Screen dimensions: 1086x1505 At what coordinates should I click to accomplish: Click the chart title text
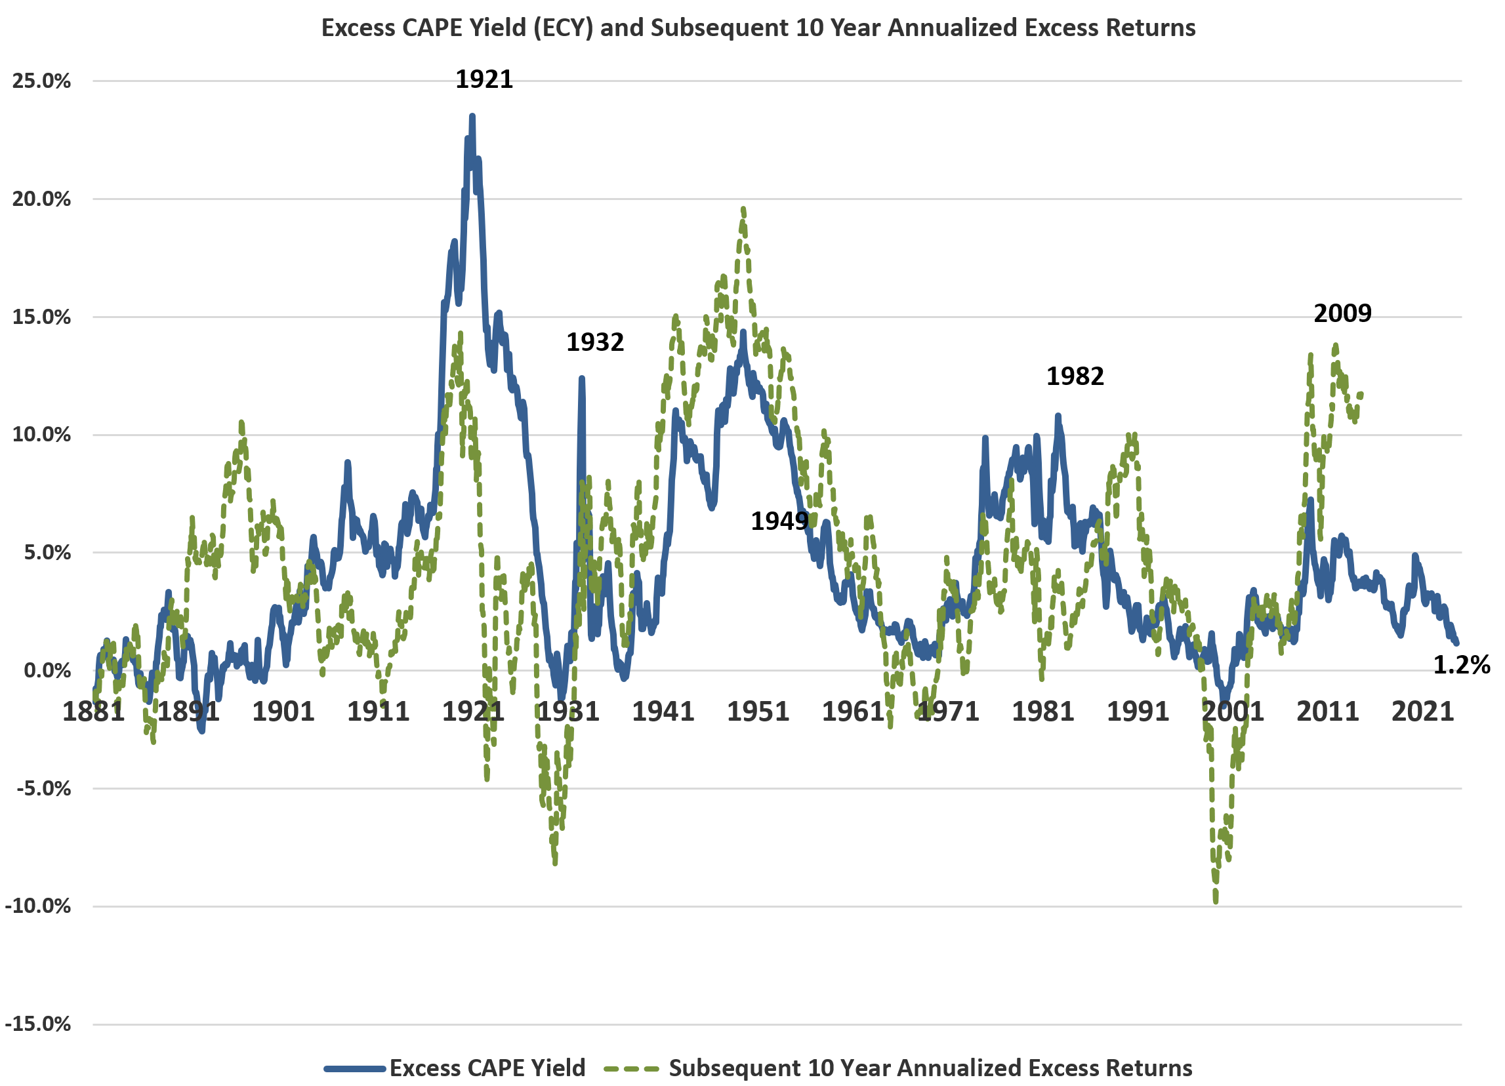click(x=758, y=28)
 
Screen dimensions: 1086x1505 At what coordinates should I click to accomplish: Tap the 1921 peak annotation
click(x=484, y=79)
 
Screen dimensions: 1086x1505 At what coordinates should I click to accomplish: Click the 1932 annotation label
click(x=594, y=342)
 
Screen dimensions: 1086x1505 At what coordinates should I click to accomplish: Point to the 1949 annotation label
click(x=779, y=521)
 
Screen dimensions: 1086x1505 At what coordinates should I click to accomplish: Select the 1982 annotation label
click(x=1075, y=377)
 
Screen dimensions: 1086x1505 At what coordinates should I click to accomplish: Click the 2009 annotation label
click(x=1342, y=313)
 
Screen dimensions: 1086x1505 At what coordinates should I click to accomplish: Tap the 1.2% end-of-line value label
click(x=1461, y=665)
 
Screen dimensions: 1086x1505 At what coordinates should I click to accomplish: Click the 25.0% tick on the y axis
click(x=41, y=81)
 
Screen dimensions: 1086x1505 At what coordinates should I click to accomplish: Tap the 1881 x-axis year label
click(x=94, y=712)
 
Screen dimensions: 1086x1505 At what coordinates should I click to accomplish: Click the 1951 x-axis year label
click(x=758, y=712)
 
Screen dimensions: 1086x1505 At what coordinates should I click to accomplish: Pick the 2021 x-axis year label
click(x=1423, y=712)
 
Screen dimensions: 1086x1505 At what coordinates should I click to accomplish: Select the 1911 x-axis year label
click(x=379, y=712)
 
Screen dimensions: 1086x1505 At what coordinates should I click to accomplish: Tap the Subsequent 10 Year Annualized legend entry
click(x=929, y=1068)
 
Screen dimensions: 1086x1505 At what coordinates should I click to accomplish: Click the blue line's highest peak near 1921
click(x=472, y=116)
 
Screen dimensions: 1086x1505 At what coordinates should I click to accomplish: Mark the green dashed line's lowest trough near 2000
click(x=1216, y=901)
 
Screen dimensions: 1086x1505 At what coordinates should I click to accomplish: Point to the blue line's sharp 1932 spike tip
click(x=581, y=378)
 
